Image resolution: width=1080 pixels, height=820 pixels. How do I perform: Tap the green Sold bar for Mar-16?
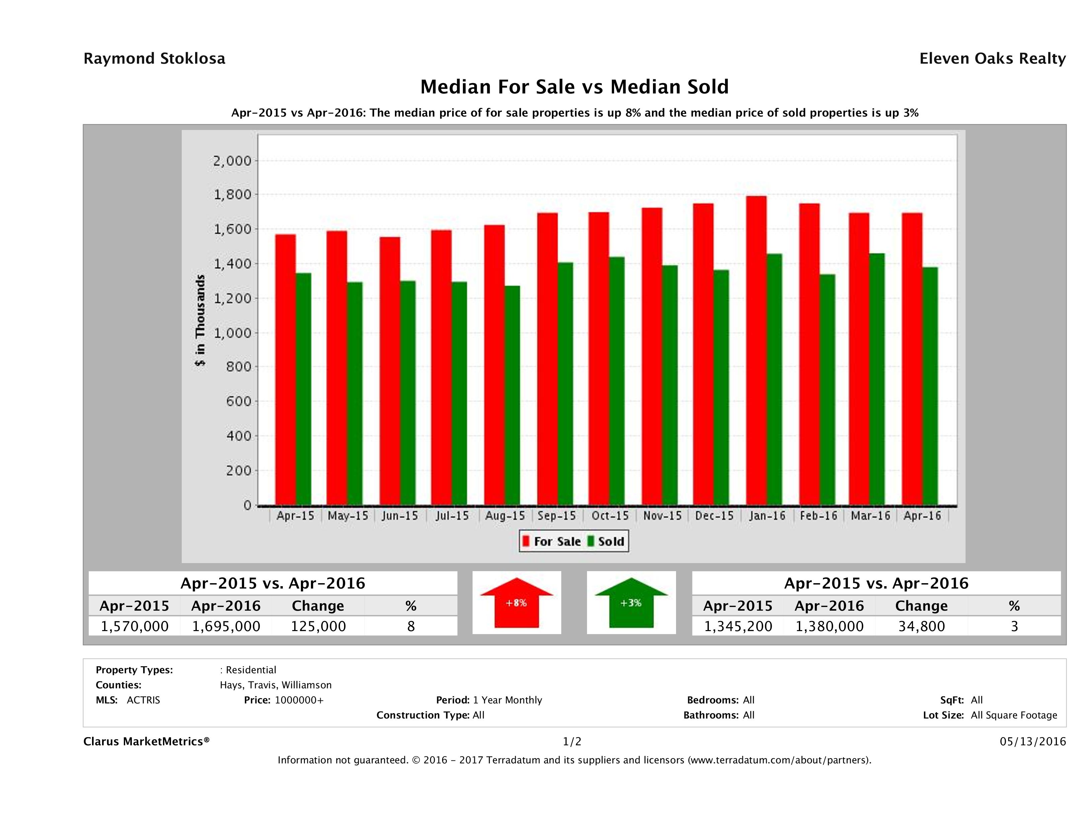pos(877,379)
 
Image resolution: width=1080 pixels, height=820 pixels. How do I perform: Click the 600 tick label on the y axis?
pos(238,401)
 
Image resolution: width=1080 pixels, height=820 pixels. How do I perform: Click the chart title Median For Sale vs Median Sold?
pos(574,87)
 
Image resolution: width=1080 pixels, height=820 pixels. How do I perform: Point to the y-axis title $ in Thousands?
pos(200,320)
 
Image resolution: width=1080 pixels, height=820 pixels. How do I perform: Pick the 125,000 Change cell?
pos(318,626)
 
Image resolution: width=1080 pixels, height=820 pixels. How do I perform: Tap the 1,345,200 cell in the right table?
pos(738,626)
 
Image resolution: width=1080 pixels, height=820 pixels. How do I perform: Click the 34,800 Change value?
pos(921,626)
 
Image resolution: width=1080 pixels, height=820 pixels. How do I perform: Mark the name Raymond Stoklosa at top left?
pos(154,59)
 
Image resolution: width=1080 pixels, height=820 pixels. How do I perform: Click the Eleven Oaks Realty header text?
pos(992,59)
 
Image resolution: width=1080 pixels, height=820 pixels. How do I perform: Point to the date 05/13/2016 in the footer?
pos(1032,741)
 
